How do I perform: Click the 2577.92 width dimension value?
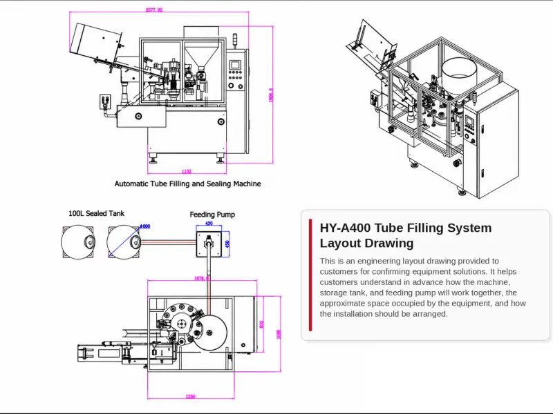coord(154,10)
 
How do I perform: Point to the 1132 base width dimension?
coord(187,171)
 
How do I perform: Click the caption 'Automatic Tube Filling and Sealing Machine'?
coord(187,184)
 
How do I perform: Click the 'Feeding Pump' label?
coord(212,215)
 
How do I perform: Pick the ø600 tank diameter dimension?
coord(145,226)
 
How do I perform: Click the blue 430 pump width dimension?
coord(209,224)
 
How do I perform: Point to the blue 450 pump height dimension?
coord(227,244)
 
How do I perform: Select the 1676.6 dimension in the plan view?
coord(201,279)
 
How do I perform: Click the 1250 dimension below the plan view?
coord(190,396)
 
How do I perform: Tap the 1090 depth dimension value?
coord(279,333)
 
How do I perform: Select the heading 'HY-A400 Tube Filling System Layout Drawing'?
coord(405,235)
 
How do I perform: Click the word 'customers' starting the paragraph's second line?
coord(339,272)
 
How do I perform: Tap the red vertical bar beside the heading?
coord(310,275)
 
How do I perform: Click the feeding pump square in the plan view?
coord(209,244)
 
